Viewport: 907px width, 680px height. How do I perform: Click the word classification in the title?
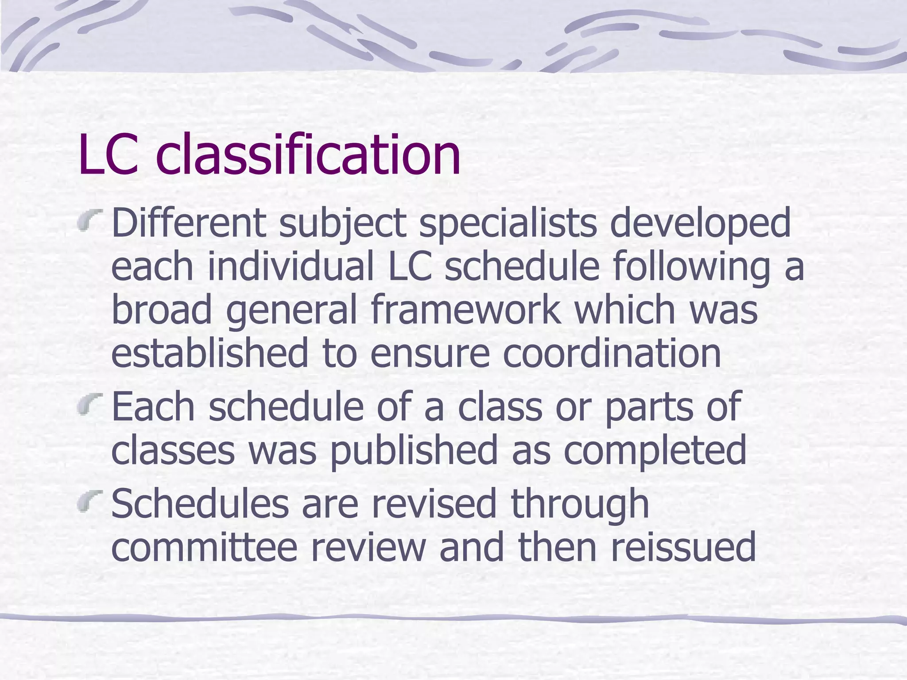pos(308,155)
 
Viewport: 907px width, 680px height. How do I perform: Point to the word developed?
pos(700,224)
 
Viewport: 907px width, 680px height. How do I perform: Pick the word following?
pos(691,268)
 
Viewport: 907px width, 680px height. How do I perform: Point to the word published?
pos(414,451)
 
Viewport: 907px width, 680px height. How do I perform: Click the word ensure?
pos(430,354)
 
